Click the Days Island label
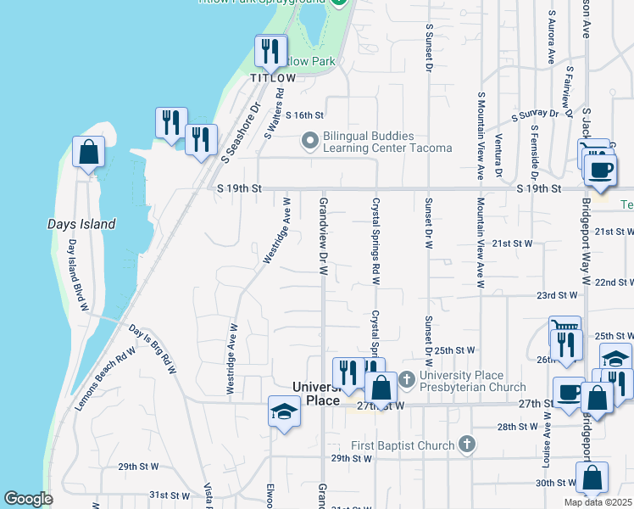click(81, 225)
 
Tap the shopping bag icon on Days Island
click(89, 153)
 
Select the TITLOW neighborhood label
click(273, 78)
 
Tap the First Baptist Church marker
click(465, 444)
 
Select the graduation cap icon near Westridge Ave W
click(285, 412)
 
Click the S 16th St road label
click(305, 115)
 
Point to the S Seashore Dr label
click(239, 133)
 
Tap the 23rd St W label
click(556, 295)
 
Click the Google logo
click(28, 499)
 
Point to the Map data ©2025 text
click(598, 502)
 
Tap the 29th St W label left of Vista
click(138, 467)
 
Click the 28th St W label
click(519, 427)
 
